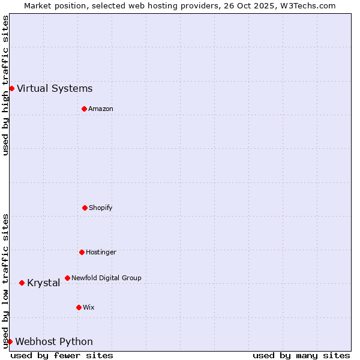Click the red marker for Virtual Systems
pyautogui.click(x=11, y=88)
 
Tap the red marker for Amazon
pyautogui.click(x=84, y=109)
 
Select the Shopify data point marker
pyautogui.click(x=85, y=208)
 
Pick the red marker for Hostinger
pyautogui.click(x=82, y=252)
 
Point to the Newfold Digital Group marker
pyautogui.click(x=67, y=278)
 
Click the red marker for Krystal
pyautogui.click(x=22, y=283)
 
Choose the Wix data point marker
pyautogui.click(x=79, y=307)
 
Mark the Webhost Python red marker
pyautogui.click(x=10, y=341)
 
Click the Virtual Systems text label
pyautogui.click(x=55, y=89)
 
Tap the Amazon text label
pyautogui.click(x=101, y=109)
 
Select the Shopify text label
pyautogui.click(x=101, y=208)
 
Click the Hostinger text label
pyautogui.click(x=101, y=252)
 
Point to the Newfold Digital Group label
pyautogui.click(x=106, y=278)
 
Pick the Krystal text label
pyautogui.click(x=43, y=283)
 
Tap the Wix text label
pyautogui.click(x=89, y=307)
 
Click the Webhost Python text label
pyautogui.click(x=54, y=342)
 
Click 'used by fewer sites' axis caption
pyautogui.click(x=62, y=355)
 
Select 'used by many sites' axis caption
pyautogui.click(x=301, y=355)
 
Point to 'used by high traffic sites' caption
pyautogui.click(x=5, y=85)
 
